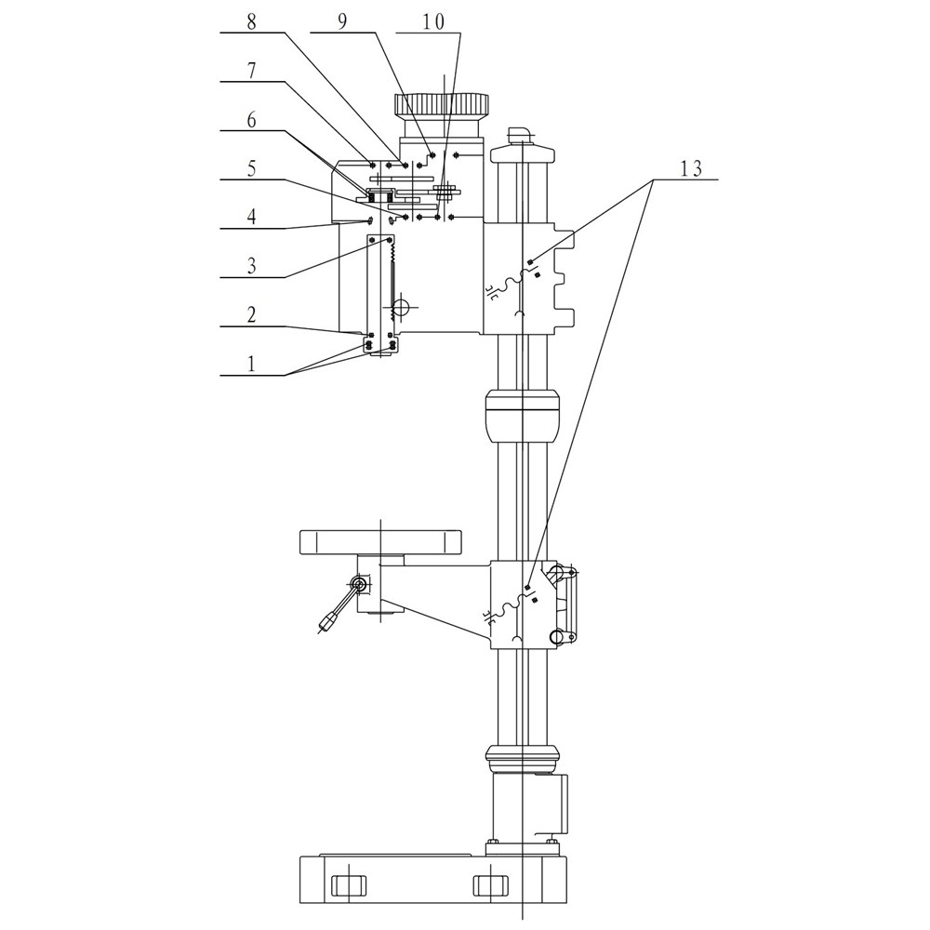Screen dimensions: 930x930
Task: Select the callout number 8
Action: click(x=252, y=22)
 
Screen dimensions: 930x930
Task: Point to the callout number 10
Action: click(x=433, y=23)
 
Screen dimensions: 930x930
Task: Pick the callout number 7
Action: click(x=251, y=72)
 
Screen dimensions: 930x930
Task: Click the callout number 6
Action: click(x=251, y=120)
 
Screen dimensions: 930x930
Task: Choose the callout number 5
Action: click(x=251, y=169)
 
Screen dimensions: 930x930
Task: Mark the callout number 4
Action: click(x=251, y=217)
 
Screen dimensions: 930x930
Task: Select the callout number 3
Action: click(x=251, y=266)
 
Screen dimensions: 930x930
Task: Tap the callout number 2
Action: click(x=251, y=315)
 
